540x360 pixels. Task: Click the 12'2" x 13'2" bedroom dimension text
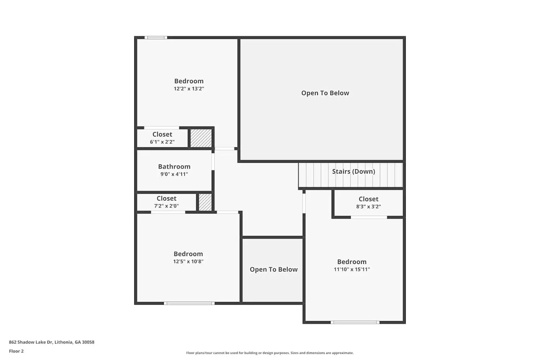pos(189,89)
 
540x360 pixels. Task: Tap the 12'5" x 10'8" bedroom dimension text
pos(188,262)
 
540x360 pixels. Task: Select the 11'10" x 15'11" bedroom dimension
pos(352,269)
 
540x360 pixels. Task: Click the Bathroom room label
pos(174,166)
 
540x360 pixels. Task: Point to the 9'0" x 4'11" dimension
pos(174,174)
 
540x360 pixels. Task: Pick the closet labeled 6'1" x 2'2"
pos(162,138)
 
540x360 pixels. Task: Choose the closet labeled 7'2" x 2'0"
pos(166,202)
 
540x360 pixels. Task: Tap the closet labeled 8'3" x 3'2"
pos(368,202)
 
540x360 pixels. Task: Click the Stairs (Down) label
pos(353,171)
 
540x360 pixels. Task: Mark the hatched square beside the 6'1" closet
pos(201,138)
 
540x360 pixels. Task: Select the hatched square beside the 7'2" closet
pos(205,202)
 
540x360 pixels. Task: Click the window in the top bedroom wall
pos(156,37)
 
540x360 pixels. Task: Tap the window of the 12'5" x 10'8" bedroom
pos(189,303)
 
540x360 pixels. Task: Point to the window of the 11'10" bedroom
pos(355,322)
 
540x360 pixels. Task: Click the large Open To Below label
pos(325,93)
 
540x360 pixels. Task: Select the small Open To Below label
pos(274,269)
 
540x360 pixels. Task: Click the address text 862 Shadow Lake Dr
pos(51,342)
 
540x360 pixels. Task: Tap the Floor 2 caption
pos(16,351)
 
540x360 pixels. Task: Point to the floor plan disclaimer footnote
pos(270,353)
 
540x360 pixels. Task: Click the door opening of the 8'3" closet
pos(369,217)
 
